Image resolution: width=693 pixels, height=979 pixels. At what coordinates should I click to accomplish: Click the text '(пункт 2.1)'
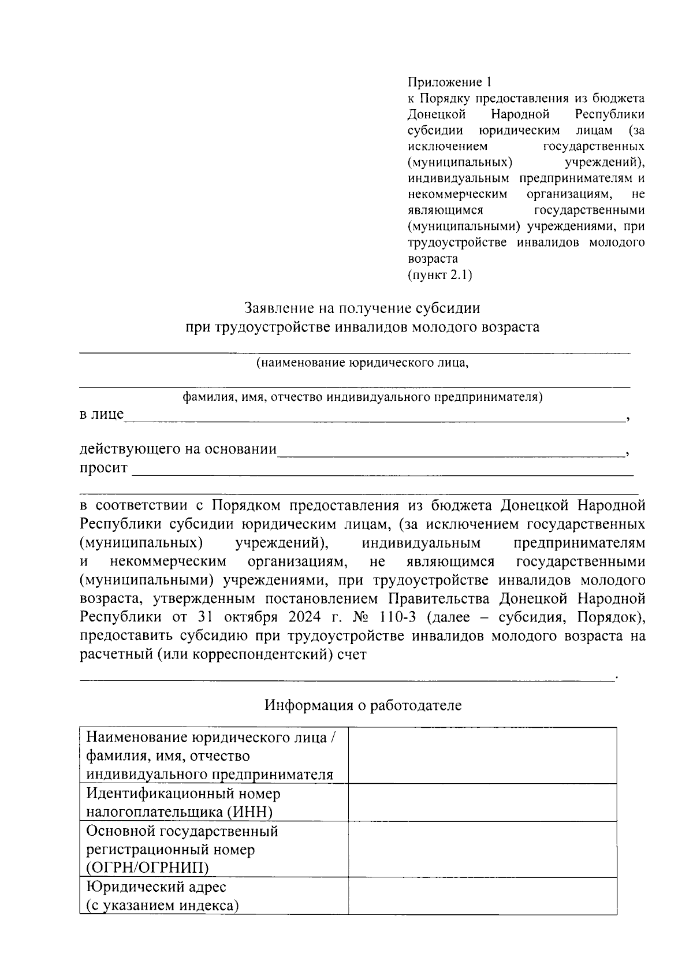[439, 275]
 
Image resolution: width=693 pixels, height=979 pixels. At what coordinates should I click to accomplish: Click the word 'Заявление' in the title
[275, 308]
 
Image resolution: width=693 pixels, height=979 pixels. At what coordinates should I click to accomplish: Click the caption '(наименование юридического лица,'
[362, 363]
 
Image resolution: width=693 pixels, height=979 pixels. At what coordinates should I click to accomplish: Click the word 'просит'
[103, 468]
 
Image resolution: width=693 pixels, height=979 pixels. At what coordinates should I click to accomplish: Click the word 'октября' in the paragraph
[247, 617]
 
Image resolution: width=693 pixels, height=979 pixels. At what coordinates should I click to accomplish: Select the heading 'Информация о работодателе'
[363, 705]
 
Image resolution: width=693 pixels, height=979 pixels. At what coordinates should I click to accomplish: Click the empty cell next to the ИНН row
[482, 802]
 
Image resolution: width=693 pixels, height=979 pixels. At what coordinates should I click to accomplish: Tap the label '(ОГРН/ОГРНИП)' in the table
[148, 868]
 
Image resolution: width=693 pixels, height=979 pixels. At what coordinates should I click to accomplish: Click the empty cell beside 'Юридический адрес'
[482, 896]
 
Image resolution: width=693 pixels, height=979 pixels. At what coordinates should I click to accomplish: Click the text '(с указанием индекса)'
[162, 906]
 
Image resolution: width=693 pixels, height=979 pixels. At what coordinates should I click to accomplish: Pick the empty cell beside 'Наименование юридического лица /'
[482, 755]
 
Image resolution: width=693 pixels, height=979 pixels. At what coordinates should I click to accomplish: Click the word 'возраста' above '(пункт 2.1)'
[433, 259]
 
